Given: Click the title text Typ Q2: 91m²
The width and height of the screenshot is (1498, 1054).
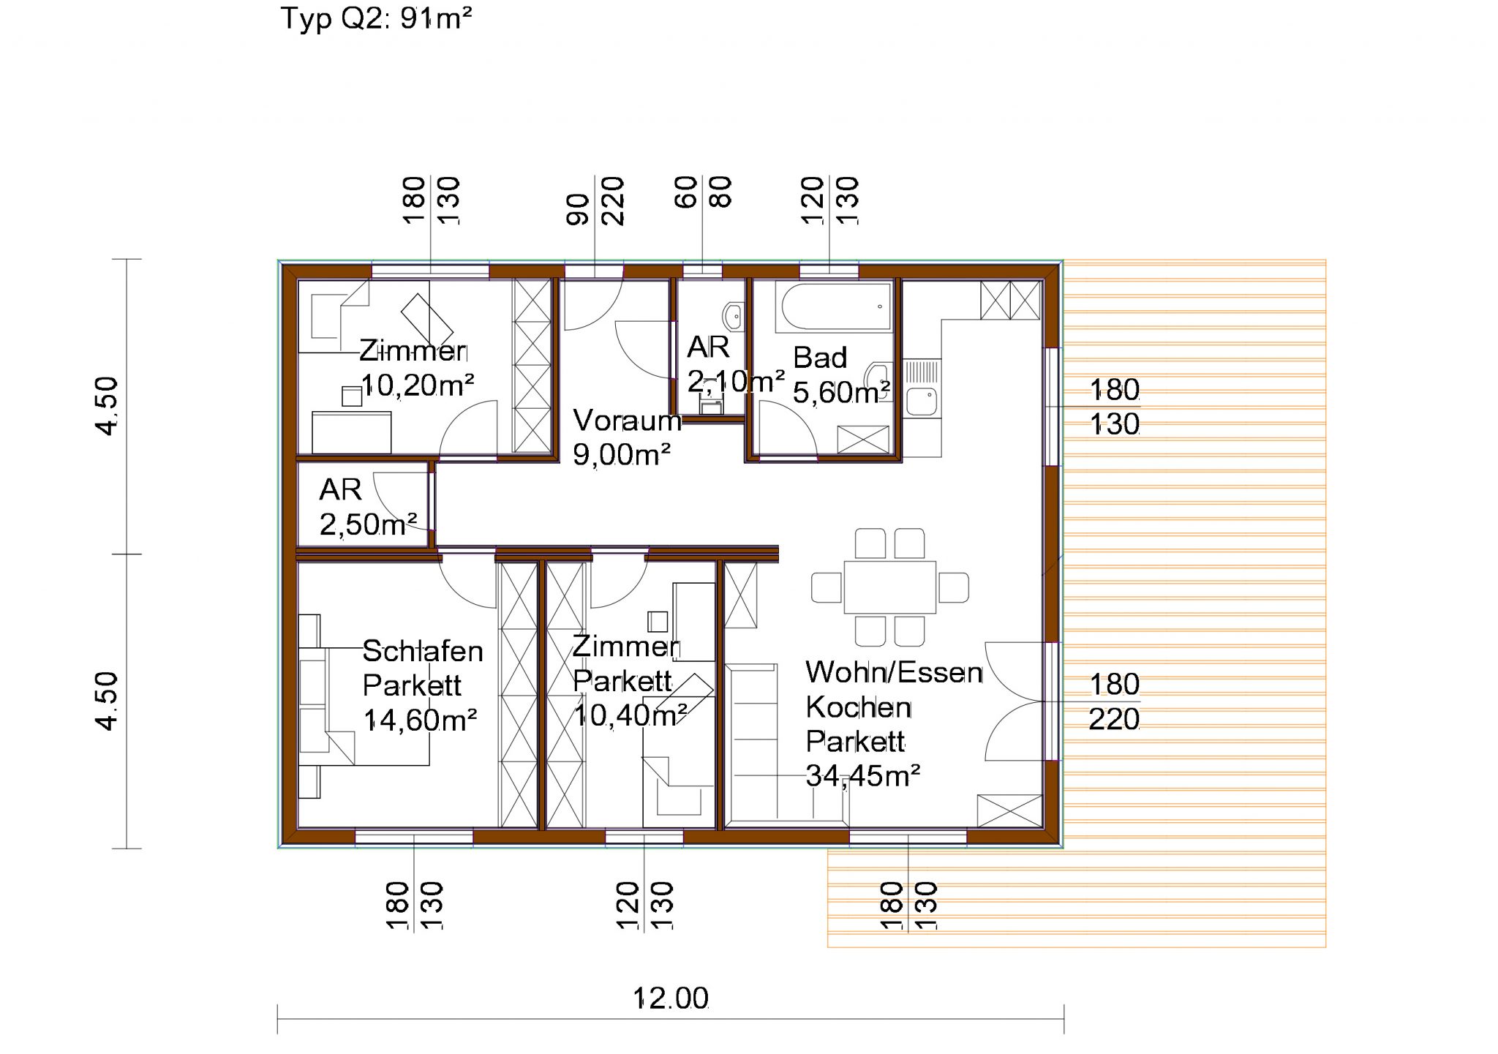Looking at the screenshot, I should (376, 18).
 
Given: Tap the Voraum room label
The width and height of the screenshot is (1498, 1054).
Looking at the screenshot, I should (627, 421).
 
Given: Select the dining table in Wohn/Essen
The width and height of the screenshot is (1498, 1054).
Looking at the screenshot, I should (889, 587).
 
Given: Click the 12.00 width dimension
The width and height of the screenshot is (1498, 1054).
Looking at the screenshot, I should (671, 998).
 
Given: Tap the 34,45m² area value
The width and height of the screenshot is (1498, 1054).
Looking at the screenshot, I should (862, 775).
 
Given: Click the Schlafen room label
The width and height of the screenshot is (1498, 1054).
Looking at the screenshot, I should (423, 651).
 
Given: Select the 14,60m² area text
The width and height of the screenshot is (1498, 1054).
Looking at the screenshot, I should (420, 720).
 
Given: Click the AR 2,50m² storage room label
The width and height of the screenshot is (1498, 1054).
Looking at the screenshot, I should (341, 490).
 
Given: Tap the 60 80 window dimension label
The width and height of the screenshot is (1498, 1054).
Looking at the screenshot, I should (703, 193).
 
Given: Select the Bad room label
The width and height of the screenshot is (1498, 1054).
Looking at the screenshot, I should (819, 358).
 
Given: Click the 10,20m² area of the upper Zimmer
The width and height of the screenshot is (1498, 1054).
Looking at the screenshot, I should (418, 385).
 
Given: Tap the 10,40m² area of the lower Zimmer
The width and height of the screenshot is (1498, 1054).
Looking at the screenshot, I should (630, 715).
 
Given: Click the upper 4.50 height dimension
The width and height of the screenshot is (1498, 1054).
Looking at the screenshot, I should (107, 406).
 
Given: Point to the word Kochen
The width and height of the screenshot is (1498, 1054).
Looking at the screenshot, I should (858, 707).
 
